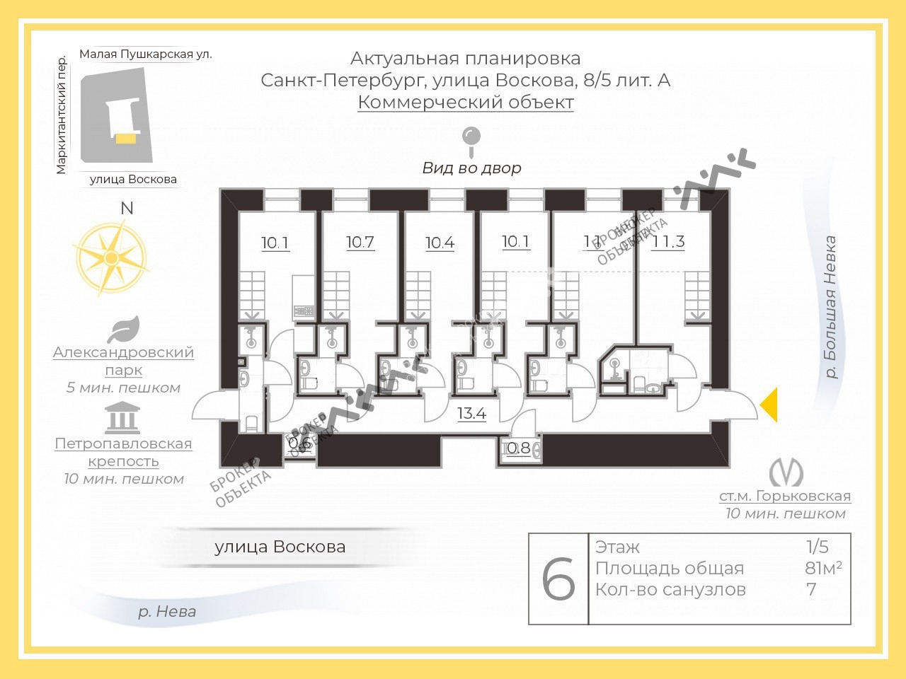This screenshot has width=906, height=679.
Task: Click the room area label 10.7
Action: tap(360, 242)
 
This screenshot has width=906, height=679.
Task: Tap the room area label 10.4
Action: tap(440, 243)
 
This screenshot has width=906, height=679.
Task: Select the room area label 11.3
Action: tap(669, 242)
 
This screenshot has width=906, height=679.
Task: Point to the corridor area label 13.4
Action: tap(471, 413)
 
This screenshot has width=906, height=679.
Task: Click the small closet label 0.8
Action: tap(519, 448)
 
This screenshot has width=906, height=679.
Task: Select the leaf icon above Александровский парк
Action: tap(124, 329)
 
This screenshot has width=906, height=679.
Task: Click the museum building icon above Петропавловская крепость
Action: tap(122, 418)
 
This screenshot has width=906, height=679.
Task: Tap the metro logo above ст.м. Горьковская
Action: tap(786, 472)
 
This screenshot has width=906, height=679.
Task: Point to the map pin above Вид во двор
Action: tap(471, 140)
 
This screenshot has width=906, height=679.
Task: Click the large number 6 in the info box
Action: tap(558, 579)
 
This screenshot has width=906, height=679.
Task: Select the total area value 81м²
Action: tap(823, 568)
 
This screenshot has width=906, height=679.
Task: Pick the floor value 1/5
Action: tap(817, 547)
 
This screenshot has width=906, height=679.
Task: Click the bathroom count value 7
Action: tap(811, 589)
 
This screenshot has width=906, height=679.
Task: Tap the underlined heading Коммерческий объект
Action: tap(466, 102)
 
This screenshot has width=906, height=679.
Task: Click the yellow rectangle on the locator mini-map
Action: tap(126, 139)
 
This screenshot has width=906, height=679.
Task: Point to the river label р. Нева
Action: tap(167, 612)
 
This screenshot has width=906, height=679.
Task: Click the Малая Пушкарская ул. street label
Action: tap(146, 54)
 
